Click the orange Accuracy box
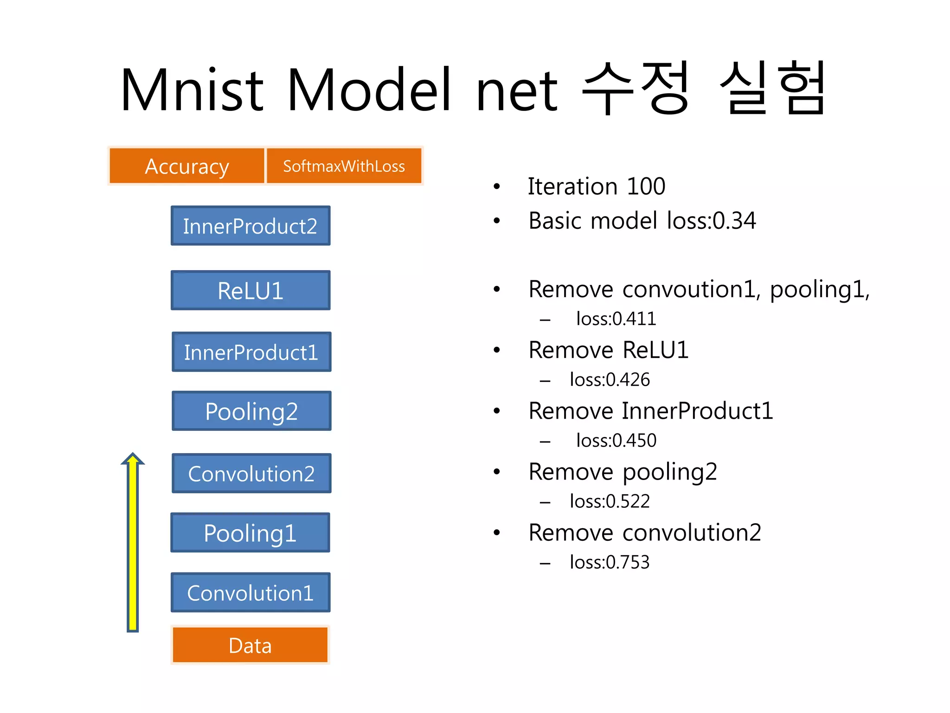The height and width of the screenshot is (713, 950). point(187,166)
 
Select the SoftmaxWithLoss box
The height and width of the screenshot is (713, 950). point(344,166)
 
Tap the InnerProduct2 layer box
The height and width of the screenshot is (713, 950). point(250,226)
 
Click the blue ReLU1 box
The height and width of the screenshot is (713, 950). point(250,291)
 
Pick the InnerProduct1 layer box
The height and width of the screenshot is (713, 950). point(251,352)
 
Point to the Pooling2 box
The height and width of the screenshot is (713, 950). point(251,411)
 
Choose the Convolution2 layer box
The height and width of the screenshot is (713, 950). point(251,473)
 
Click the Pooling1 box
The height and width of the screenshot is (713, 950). point(250,533)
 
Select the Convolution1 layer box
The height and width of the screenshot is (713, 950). point(250,593)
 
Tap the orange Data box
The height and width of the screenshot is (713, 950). point(250,645)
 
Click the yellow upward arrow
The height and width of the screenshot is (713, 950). point(133,543)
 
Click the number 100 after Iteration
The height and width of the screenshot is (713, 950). point(646,187)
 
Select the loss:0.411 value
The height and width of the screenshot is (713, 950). point(616,319)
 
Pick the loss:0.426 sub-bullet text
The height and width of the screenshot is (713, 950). point(610,380)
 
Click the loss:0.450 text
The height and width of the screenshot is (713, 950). point(616,441)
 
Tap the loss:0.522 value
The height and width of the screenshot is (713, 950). point(610,501)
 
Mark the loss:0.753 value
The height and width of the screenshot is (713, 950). point(610,562)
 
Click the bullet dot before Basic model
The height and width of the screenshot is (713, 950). point(497,221)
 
